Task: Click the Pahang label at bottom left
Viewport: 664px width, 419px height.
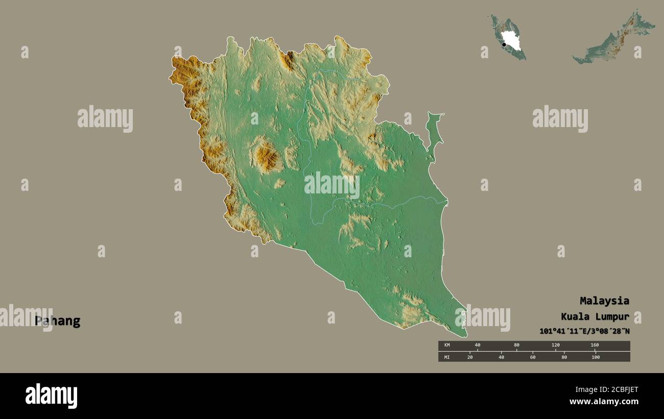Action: (x=57, y=321)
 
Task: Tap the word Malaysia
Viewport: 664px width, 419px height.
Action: (x=604, y=301)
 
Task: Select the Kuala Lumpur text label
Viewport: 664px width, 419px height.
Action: (x=595, y=316)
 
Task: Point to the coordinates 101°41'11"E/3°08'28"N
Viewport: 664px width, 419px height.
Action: (x=584, y=331)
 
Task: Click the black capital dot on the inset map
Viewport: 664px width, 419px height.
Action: (x=504, y=45)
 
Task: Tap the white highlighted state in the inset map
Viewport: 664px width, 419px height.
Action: (x=510, y=40)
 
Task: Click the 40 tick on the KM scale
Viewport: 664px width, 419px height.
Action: (x=478, y=346)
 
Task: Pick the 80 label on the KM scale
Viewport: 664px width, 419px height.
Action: (x=516, y=346)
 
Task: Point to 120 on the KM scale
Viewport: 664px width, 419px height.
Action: (x=555, y=346)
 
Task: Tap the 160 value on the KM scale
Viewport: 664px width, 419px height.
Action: (x=595, y=346)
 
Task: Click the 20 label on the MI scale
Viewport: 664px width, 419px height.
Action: (x=470, y=357)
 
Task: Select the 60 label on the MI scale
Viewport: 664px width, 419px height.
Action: (x=533, y=357)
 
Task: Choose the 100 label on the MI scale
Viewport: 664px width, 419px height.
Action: (x=595, y=357)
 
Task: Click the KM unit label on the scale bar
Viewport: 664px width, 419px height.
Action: (x=447, y=346)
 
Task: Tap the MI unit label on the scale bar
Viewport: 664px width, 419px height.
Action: (x=447, y=357)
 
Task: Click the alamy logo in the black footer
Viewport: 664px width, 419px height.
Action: (x=51, y=396)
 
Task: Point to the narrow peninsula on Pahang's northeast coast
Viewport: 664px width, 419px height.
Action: (x=435, y=133)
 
